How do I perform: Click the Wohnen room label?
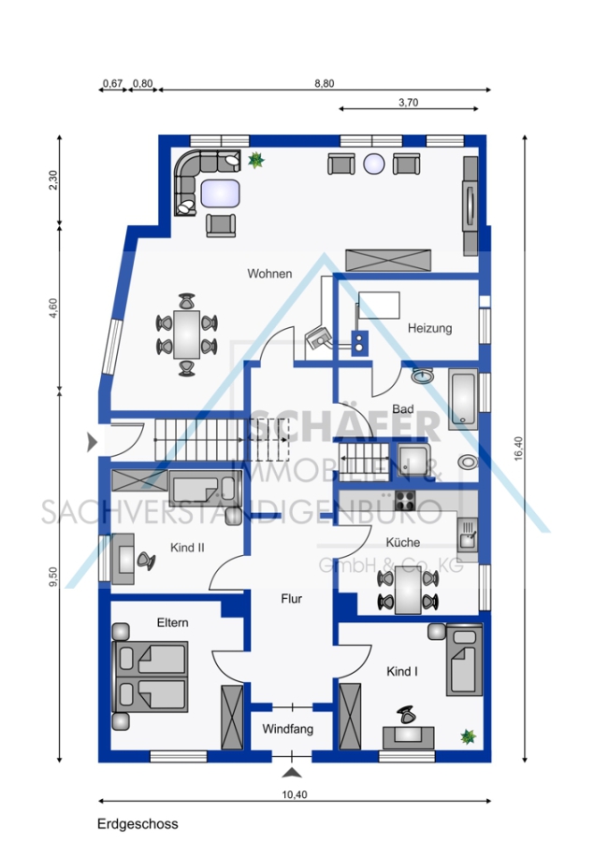(269, 274)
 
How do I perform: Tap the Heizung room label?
(429, 328)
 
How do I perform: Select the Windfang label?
(288, 729)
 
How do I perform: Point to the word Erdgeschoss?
(138, 824)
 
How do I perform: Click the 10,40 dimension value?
(295, 795)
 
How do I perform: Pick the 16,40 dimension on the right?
(518, 449)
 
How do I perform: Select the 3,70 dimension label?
(408, 103)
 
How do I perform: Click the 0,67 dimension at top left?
(113, 84)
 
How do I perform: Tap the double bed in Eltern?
(150, 677)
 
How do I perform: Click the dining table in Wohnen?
(186, 335)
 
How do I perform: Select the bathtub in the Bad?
(463, 399)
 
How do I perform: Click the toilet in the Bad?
(469, 462)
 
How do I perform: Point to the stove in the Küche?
(405, 501)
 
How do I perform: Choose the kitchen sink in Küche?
(468, 535)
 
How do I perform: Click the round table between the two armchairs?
(374, 164)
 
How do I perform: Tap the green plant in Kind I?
(469, 736)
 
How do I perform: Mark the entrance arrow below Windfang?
(292, 773)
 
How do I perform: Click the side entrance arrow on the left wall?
(93, 443)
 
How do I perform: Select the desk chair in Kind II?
(146, 561)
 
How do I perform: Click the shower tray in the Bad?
(413, 461)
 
